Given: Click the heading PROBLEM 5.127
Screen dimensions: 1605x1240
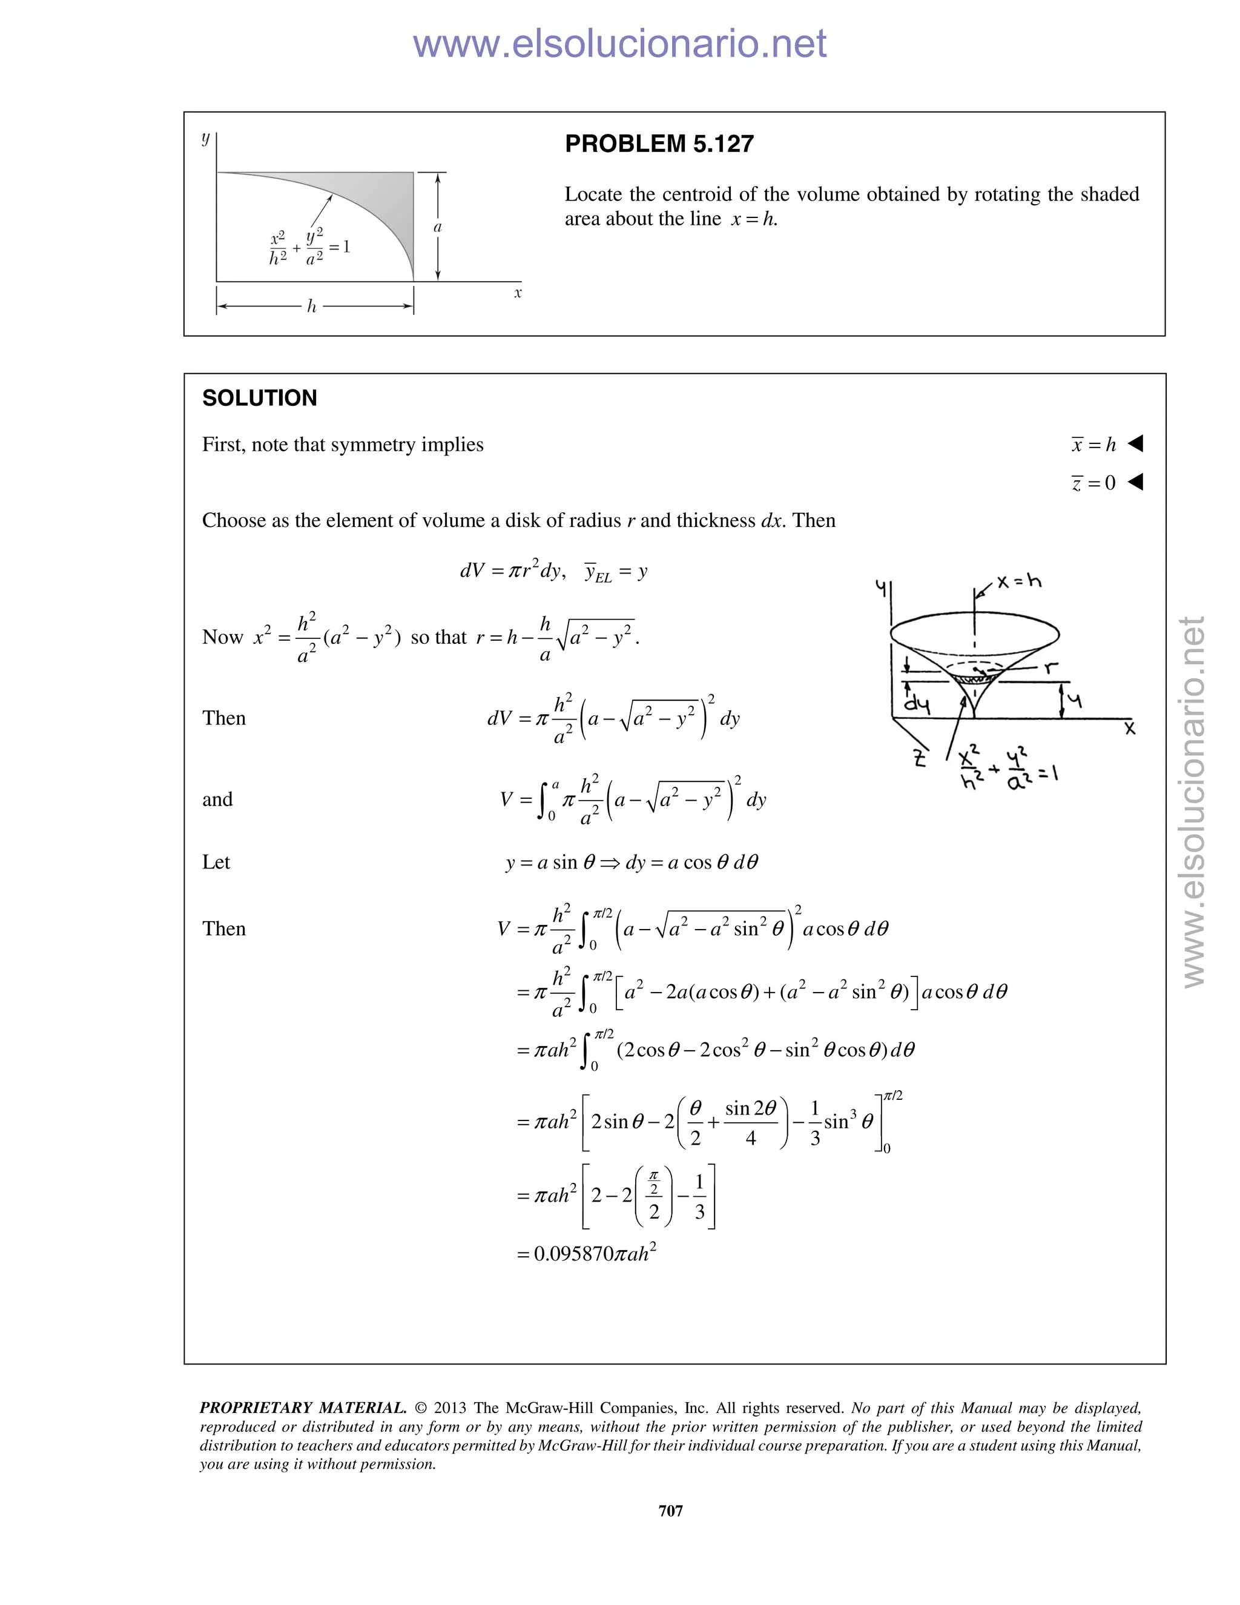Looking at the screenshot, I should click(x=659, y=144).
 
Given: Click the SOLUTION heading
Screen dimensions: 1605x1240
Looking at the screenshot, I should click(x=259, y=399).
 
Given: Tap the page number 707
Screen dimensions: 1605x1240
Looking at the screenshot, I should click(x=671, y=1510).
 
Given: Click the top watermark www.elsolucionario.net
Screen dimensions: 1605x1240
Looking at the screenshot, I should click(x=619, y=44).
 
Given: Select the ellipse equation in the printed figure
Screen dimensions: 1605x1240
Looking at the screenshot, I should click(x=310, y=248).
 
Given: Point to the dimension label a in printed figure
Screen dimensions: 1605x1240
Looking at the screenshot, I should click(x=438, y=227).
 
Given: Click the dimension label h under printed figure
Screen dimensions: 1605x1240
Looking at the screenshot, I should click(x=311, y=306).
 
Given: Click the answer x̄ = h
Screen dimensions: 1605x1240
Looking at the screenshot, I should click(x=1094, y=444).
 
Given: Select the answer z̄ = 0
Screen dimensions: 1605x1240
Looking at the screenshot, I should click(x=1094, y=482).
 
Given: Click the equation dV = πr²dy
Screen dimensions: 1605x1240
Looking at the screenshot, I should click(x=512, y=571).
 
